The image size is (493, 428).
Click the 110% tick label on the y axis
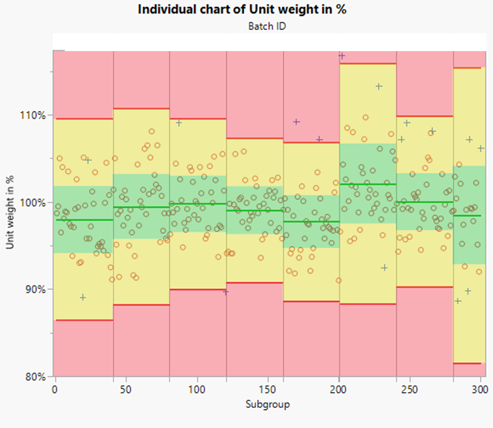coord(33,115)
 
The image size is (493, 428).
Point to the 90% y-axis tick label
coord(35,289)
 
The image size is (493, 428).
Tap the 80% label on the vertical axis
coord(35,376)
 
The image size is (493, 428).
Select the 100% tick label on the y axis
coord(33,202)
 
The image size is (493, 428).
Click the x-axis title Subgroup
coord(267,405)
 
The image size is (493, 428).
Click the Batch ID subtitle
coord(267,26)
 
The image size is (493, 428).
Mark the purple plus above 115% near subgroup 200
coord(342,55)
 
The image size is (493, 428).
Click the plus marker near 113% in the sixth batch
coord(379,86)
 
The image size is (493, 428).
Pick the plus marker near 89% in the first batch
coord(83,297)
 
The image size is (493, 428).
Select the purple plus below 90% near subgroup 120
coord(226,292)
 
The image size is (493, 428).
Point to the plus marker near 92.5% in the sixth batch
coord(384,268)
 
